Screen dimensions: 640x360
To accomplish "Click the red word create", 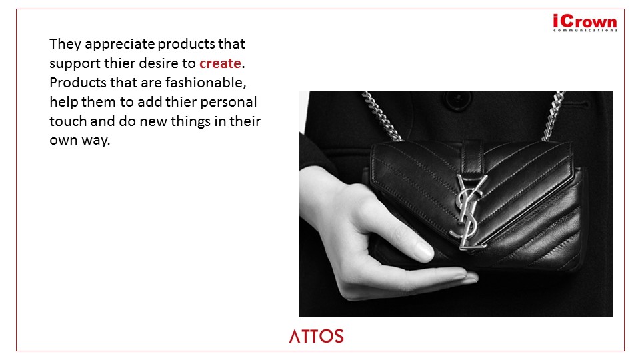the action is click(x=220, y=63).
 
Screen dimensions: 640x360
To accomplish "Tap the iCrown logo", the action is click(x=585, y=23).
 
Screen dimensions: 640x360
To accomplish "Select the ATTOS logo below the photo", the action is click(x=316, y=336).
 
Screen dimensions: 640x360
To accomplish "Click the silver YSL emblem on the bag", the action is click(x=469, y=211).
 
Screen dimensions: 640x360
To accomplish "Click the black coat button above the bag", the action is click(x=458, y=99).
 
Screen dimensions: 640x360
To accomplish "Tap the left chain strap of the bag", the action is click(x=381, y=115).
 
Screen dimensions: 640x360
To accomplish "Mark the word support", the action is click(x=75, y=64).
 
